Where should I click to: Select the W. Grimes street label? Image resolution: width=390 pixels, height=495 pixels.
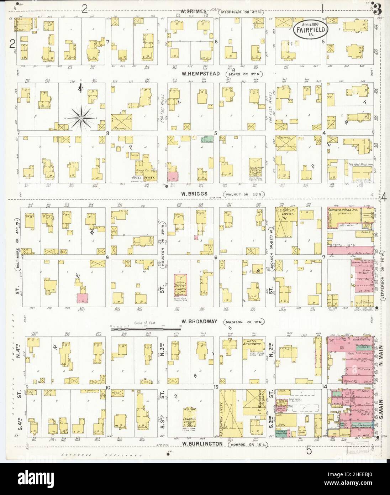(x=194, y=11)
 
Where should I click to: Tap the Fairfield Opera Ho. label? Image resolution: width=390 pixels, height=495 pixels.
(x=344, y=210)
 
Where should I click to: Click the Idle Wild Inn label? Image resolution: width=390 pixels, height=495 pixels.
(x=357, y=164)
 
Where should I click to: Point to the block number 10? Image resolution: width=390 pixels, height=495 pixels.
(x=107, y=387)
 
